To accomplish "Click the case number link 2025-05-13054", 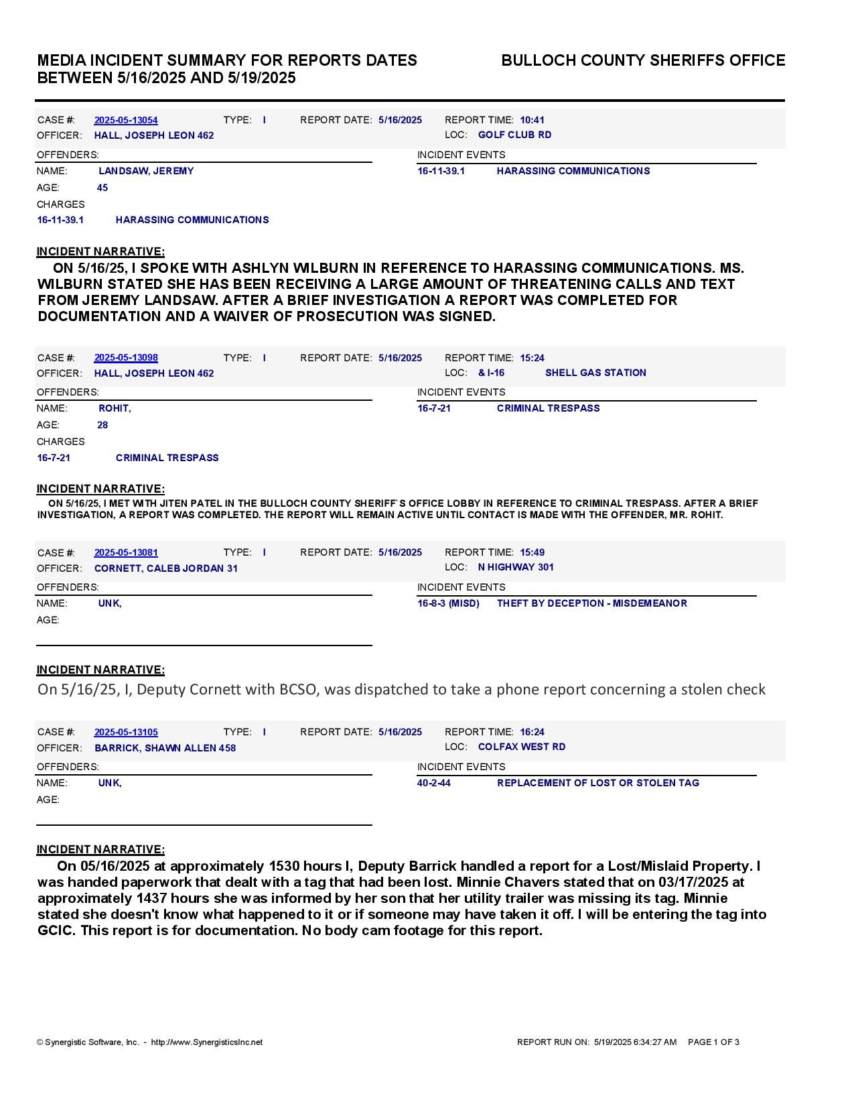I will coord(126,120).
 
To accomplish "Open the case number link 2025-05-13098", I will coord(126,358).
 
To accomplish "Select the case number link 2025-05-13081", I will coord(126,552).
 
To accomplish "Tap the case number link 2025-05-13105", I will coord(126,732).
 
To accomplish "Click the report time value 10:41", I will coord(532,120).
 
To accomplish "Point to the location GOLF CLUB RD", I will coord(514,135).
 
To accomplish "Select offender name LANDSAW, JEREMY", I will coord(146,171).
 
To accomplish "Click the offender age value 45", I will coord(102,188).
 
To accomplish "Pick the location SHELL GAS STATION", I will coord(595,373).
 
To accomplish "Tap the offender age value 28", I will coord(102,425).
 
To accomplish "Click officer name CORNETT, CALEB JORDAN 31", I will coord(165,568).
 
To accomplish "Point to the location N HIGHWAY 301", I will coord(516,567).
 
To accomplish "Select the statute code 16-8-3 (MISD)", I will coord(448,603).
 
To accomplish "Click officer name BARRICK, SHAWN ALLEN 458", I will coord(165,748).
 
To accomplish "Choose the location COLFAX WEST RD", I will coord(521,747).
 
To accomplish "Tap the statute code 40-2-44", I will coord(434,783).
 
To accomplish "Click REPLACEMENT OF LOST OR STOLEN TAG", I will coord(597,783).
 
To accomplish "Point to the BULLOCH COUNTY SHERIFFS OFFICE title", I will coord(643,60).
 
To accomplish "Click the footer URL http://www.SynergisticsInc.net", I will coord(206,1042).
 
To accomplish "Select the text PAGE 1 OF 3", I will coord(713,1042).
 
